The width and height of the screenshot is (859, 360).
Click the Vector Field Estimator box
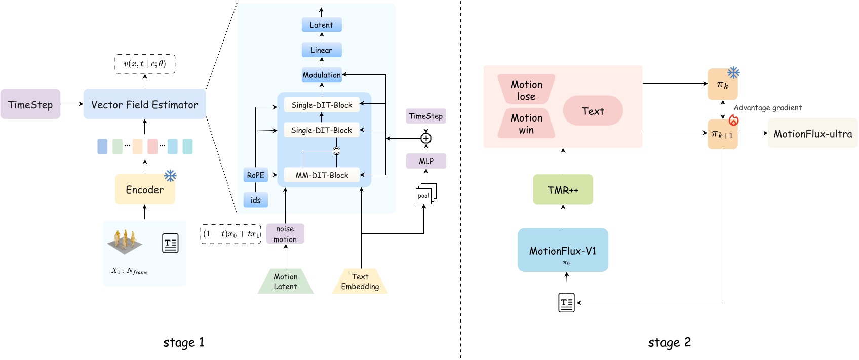coord(144,104)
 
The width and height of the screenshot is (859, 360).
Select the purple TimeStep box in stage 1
coord(30,104)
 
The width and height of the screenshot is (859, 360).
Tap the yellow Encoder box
coord(145,189)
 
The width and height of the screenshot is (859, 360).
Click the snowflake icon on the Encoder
coord(170,176)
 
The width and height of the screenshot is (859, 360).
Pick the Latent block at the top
coord(322,25)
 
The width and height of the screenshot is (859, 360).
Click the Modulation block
coord(322,75)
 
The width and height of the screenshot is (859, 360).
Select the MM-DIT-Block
coord(322,175)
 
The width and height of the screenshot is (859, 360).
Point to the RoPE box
coord(255,175)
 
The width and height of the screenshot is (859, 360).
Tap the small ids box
coord(255,200)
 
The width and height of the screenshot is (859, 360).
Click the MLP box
coord(426,161)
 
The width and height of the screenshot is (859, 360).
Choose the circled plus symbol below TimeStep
coord(426,138)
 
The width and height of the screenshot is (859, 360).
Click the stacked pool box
coord(424,195)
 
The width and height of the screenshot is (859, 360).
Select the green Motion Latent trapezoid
coord(286,282)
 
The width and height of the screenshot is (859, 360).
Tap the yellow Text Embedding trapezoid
coord(360,282)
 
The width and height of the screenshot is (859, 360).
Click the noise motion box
coord(285,234)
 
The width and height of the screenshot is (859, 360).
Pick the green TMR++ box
coord(563,190)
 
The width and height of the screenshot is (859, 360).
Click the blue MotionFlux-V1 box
coord(563,250)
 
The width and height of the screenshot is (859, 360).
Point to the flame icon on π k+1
coord(733,120)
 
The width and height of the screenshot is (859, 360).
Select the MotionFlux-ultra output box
coord(812,134)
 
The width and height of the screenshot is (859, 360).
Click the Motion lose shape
coord(526,90)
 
